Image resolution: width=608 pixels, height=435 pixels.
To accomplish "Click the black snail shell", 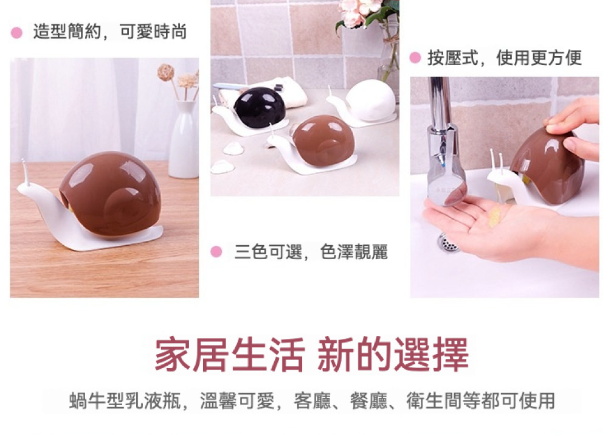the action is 260,108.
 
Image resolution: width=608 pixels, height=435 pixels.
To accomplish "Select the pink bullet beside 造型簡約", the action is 16,33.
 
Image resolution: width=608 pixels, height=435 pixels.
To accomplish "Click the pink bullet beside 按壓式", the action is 415,58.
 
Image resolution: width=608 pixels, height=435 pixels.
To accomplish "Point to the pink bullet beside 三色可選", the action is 216,252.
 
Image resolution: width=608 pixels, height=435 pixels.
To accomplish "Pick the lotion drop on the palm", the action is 495,217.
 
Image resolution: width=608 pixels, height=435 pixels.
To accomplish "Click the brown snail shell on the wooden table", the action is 111,193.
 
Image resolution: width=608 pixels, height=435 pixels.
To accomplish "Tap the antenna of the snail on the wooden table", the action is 25,171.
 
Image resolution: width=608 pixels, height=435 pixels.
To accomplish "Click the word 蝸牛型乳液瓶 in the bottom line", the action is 125,400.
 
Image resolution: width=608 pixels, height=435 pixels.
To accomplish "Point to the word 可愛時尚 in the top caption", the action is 153,32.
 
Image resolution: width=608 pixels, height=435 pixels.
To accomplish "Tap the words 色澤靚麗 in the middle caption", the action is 354,252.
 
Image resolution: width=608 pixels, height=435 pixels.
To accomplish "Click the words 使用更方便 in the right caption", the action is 539,58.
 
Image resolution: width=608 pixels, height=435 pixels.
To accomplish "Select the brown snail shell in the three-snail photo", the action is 323,141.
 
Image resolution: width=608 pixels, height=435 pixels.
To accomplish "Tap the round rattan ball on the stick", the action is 165,72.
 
